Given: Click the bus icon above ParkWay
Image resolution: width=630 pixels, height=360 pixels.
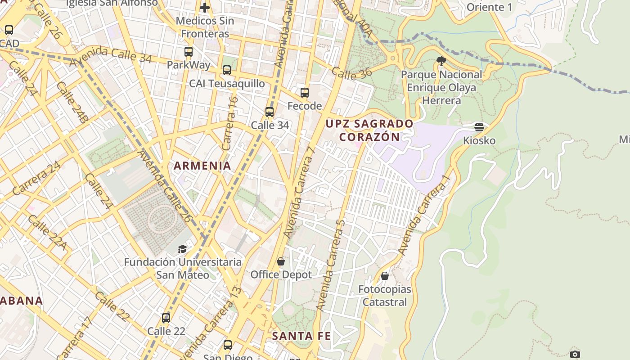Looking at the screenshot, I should (x=189, y=52).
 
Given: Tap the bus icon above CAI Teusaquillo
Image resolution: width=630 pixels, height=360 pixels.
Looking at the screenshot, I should (x=227, y=70).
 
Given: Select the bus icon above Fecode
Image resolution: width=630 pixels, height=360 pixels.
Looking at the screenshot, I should (x=305, y=93).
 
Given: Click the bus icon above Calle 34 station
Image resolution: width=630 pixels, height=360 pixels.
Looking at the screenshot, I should (x=270, y=112).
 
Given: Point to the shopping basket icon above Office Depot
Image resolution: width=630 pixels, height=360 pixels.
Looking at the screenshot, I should (x=281, y=261).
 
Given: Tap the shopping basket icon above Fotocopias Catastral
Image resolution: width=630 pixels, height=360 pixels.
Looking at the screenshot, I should (x=385, y=276).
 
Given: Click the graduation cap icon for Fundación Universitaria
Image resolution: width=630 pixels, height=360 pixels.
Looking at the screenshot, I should (x=182, y=249).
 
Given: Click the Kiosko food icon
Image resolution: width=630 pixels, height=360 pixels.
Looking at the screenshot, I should (x=479, y=127).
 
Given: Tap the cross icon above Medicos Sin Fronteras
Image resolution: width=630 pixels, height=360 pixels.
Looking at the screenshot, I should (x=205, y=8).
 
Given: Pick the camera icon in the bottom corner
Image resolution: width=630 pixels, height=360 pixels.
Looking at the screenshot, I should (x=575, y=354).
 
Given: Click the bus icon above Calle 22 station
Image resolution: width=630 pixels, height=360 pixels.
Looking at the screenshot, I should (x=166, y=318).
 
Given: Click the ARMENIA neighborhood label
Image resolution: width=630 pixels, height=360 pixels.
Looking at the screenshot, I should (x=202, y=166).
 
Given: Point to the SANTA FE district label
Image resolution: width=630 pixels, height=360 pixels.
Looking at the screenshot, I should (x=301, y=336).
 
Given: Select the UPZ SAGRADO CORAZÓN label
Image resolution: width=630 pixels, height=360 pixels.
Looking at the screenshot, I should (x=369, y=130).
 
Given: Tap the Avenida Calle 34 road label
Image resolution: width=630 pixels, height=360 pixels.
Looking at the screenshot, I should (x=111, y=56).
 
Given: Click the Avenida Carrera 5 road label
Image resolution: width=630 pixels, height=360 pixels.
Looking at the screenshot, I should (x=331, y=265).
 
